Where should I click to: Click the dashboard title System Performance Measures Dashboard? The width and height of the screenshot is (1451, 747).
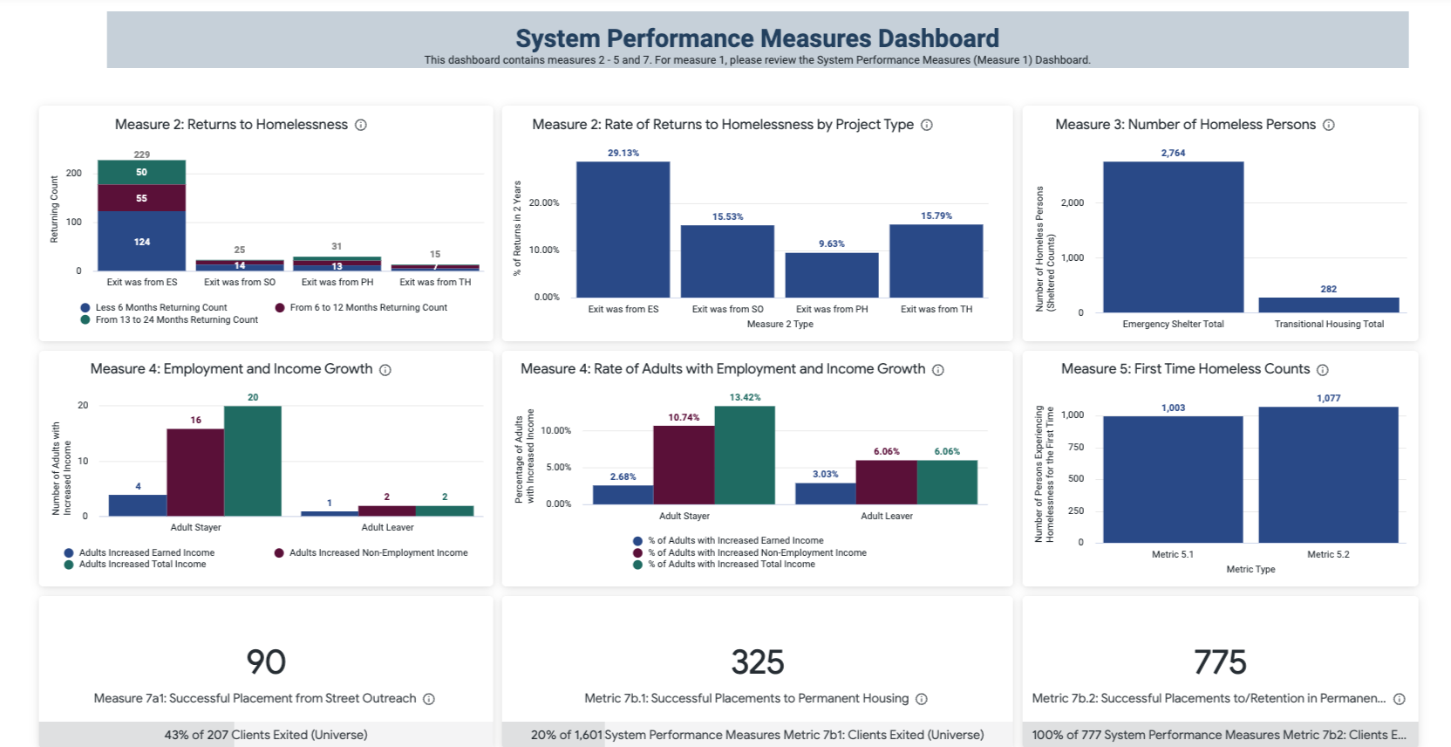(757, 38)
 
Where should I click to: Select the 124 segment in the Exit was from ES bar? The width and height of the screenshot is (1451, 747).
(141, 241)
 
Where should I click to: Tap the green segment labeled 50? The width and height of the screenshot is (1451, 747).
(141, 172)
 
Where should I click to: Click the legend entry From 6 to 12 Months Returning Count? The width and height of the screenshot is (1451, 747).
(367, 307)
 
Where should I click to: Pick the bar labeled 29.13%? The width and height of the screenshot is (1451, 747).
(623, 229)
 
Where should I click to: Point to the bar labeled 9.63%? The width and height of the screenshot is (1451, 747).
(831, 275)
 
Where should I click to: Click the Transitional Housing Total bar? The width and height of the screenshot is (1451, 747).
(1328, 305)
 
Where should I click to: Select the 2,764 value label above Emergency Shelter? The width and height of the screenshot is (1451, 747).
(1173, 153)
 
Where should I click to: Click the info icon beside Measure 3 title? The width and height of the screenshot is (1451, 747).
(1328, 125)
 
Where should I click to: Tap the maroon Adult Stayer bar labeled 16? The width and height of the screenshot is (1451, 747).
(195, 471)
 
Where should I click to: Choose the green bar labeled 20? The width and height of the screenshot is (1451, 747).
(253, 461)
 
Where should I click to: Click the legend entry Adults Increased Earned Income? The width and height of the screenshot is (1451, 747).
(146, 552)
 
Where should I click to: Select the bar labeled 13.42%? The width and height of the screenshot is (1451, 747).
(745, 455)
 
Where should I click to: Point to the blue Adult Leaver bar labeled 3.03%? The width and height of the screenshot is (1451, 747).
(825, 493)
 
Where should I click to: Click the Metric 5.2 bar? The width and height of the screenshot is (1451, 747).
(1328, 475)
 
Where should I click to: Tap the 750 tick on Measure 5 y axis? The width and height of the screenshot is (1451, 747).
(1076, 447)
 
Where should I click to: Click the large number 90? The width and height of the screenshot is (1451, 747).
(266, 662)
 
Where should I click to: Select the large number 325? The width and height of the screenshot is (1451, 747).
(757, 662)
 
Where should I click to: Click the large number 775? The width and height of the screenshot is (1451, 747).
(1220, 662)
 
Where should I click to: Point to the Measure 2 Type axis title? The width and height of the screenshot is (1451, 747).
(780, 324)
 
